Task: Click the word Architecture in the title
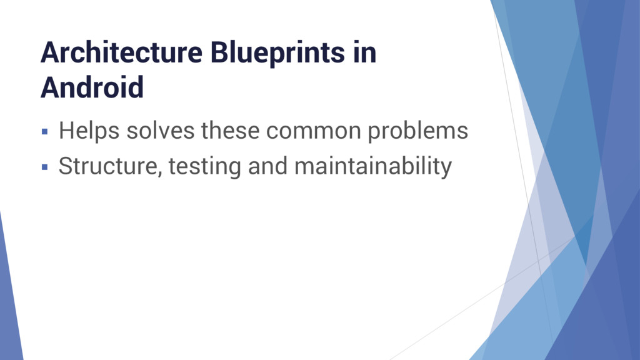point(121,54)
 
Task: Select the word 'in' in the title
point(364,54)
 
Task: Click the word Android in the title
point(92,87)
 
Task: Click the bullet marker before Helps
point(44,132)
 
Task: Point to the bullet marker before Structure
point(44,167)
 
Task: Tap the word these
point(231,132)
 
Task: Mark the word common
point(314,132)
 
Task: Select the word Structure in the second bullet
point(109,167)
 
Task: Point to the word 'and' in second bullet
point(268,167)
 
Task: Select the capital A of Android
point(49,87)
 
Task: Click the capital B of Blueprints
point(218,54)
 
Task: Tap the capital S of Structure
point(66,167)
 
